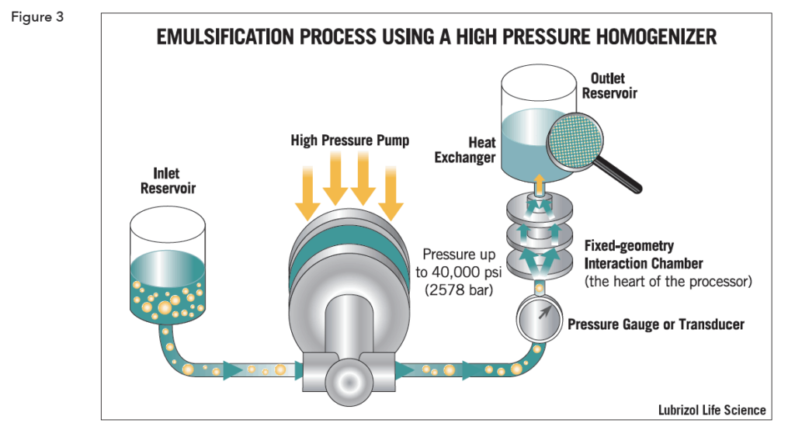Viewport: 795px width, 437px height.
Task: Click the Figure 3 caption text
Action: pos(37,18)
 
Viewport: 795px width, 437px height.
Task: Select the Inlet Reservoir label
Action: pos(168,181)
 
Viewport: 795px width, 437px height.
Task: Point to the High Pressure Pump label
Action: pos(349,140)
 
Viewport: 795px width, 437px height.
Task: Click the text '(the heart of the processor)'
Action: pos(668,282)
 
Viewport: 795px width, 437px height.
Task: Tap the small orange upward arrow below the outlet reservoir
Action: pos(539,183)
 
